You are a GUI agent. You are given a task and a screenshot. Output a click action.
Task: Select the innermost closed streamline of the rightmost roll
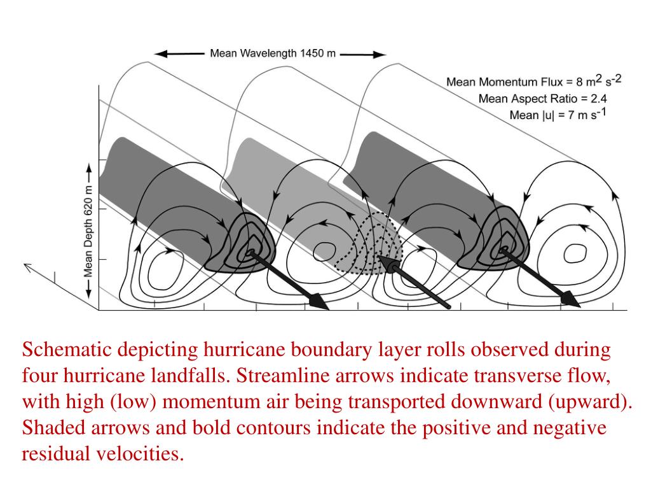click(x=576, y=253)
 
